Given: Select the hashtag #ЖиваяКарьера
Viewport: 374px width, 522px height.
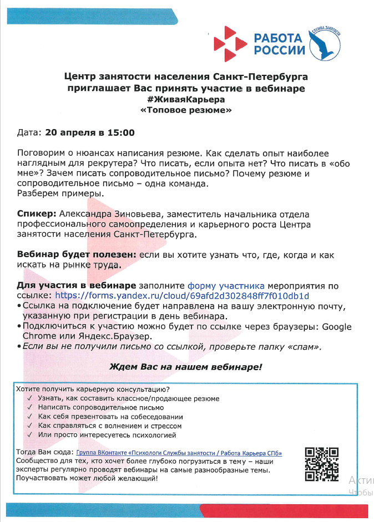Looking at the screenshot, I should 186,99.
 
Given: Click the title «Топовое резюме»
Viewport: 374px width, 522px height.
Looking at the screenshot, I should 186,110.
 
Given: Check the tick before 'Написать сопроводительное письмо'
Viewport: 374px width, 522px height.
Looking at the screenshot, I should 29,407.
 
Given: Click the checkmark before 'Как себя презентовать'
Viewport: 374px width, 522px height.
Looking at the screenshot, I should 29,417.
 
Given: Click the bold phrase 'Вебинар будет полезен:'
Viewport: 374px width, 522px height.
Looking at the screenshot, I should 77,254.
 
